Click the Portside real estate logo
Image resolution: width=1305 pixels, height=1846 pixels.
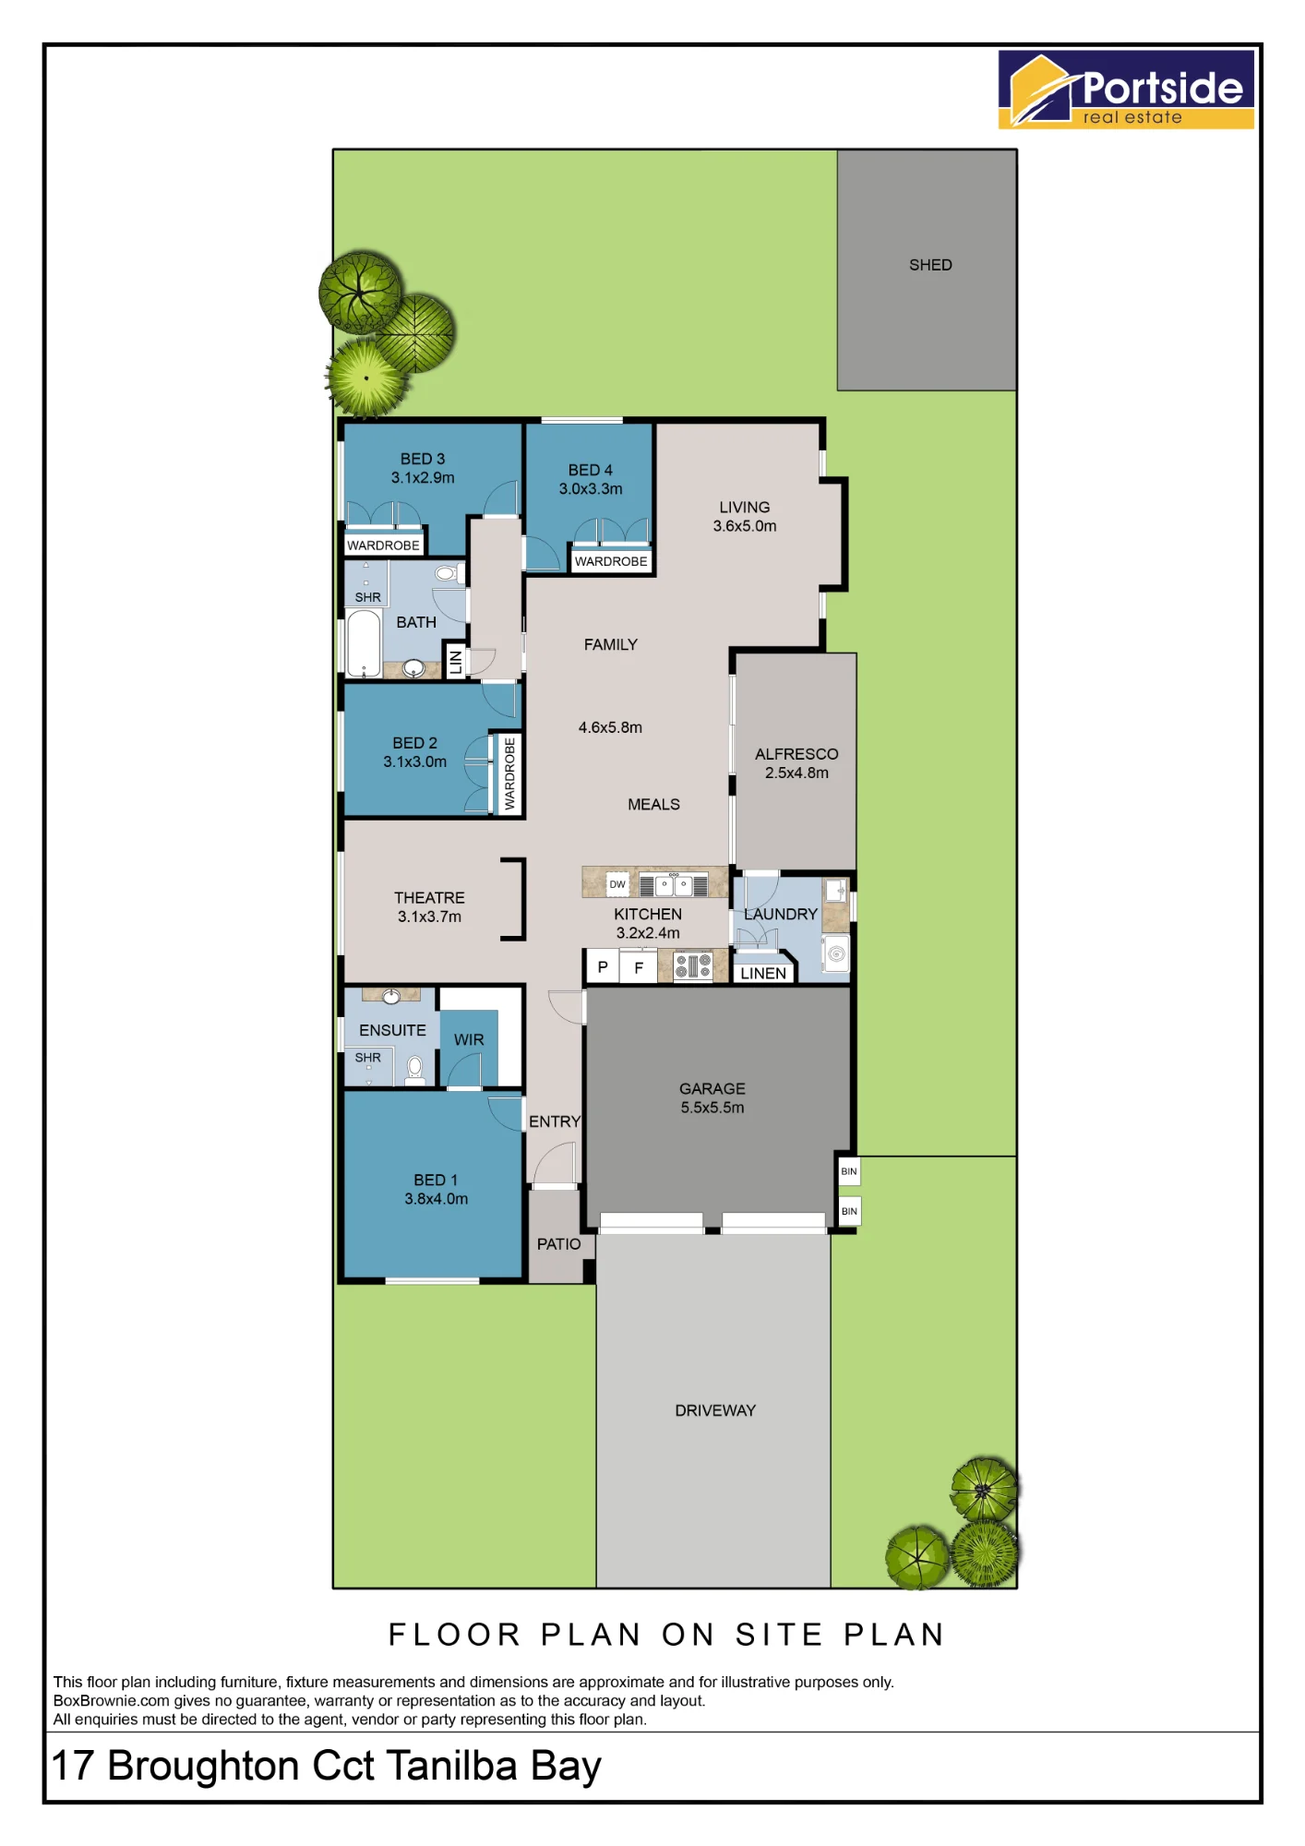pyautogui.click(x=1126, y=89)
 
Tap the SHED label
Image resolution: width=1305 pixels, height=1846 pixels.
pyautogui.click(x=930, y=265)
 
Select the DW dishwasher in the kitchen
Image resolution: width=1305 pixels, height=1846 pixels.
pyautogui.click(x=617, y=884)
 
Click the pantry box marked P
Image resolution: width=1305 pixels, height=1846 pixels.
pyautogui.click(x=603, y=967)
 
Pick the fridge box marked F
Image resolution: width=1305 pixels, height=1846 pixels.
pyautogui.click(x=639, y=967)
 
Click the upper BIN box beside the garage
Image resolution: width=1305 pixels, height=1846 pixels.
pyautogui.click(x=849, y=1171)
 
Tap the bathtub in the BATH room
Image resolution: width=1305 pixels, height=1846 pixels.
pyautogui.click(x=364, y=643)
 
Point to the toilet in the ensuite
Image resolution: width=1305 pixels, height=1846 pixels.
pyautogui.click(x=415, y=1070)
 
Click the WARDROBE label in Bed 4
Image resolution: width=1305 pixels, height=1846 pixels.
pyautogui.click(x=611, y=561)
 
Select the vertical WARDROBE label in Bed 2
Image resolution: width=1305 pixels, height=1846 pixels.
pyautogui.click(x=509, y=773)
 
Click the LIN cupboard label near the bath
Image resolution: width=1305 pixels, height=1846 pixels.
pyautogui.click(x=455, y=661)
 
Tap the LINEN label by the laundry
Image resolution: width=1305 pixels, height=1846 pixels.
pyautogui.click(x=763, y=973)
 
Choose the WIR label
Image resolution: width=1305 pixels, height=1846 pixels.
pyautogui.click(x=469, y=1039)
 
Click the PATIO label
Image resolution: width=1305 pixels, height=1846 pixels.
pyautogui.click(x=559, y=1244)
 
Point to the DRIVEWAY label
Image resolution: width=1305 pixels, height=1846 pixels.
pyautogui.click(x=715, y=1410)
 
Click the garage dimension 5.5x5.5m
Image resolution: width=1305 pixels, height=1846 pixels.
pyautogui.click(x=712, y=1108)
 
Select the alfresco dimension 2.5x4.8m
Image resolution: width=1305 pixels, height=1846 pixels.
pyautogui.click(x=796, y=773)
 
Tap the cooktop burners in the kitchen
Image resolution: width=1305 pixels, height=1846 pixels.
pyautogui.click(x=693, y=966)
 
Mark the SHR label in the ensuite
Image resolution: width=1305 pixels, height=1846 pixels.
pyautogui.click(x=368, y=1058)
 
